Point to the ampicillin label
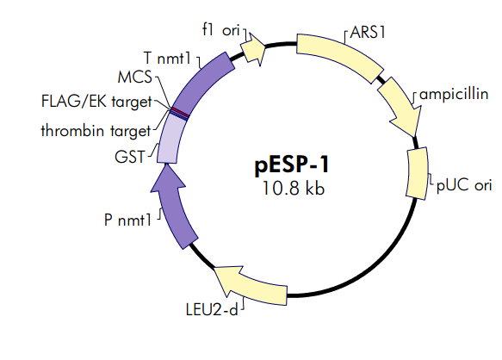(x=455, y=92)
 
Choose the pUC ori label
(x=465, y=184)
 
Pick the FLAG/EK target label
(x=97, y=101)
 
